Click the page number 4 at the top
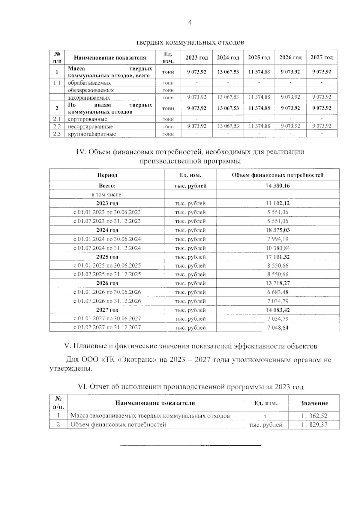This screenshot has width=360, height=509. (x=190, y=22)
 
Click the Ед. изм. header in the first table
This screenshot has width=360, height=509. (x=168, y=58)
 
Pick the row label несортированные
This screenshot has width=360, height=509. (x=90, y=127)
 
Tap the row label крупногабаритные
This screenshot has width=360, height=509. (x=92, y=134)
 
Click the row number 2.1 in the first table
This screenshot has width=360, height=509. (x=57, y=119)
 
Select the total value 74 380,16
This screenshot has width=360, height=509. (x=277, y=186)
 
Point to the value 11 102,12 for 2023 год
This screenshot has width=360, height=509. (x=277, y=203)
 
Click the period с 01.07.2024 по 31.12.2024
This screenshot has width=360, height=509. (x=107, y=248)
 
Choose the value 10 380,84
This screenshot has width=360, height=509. (x=277, y=248)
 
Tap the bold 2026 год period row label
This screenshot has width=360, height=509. (x=107, y=283)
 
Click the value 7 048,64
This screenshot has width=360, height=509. (x=277, y=328)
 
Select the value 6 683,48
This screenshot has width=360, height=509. (x=277, y=292)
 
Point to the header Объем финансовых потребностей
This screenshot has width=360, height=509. (x=277, y=175)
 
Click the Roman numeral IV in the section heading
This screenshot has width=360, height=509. (x=81, y=152)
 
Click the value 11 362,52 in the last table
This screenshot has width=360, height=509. (x=314, y=416)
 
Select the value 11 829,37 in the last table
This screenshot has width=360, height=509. (x=314, y=425)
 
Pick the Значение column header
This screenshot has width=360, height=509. (x=314, y=403)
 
